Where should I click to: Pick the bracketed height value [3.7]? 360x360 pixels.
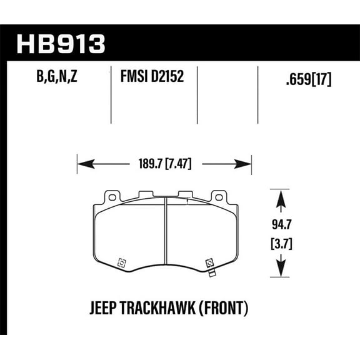(x=279, y=241)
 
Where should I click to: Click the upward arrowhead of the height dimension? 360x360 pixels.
(x=279, y=197)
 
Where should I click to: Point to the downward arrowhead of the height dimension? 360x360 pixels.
(x=279, y=270)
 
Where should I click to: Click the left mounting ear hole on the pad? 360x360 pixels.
(x=112, y=197)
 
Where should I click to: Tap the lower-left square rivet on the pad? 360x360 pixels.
(x=121, y=262)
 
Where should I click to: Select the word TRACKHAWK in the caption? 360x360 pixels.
(x=161, y=309)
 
